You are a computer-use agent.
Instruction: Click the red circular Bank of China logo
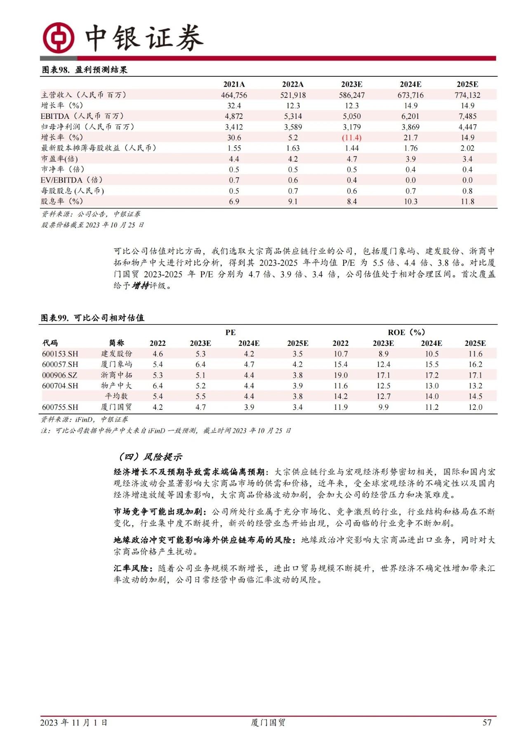point(59,38)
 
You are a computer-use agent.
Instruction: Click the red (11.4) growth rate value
point(351,137)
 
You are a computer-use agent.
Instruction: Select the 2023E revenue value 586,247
point(351,95)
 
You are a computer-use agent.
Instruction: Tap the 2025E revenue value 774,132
point(467,95)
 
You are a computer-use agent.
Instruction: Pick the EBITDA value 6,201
point(410,116)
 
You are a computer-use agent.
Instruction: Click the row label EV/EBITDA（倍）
point(72,180)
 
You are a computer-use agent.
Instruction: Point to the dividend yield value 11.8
point(467,201)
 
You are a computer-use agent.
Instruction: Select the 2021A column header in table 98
point(234,84)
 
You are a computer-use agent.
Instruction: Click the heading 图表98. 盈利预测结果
point(85,70)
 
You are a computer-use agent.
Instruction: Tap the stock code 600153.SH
point(60,354)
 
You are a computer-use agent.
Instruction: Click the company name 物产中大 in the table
point(116,385)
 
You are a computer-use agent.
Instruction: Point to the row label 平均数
point(116,396)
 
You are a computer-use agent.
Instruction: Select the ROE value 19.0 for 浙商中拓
point(340,375)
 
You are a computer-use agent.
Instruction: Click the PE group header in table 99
point(230,332)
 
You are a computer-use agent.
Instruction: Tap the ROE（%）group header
point(406,332)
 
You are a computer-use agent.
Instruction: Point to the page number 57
point(487,722)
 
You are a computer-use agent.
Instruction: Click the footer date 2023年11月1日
point(74,722)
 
